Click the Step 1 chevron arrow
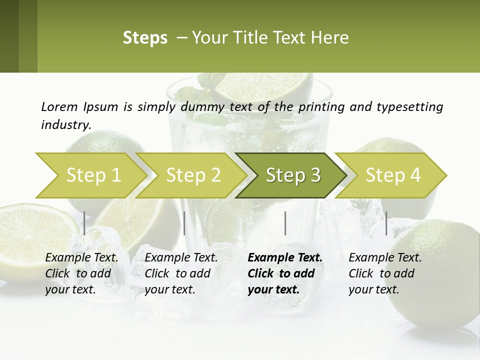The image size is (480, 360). (90, 175)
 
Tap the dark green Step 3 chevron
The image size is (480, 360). (291, 175)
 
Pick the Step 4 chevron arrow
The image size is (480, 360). (391, 175)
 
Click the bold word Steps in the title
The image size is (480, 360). (145, 38)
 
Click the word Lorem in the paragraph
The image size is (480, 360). (59, 106)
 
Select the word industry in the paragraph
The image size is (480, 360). (65, 124)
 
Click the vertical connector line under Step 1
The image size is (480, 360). (84, 223)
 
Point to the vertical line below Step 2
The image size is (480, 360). (184, 223)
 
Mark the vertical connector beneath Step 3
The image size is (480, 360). (285, 223)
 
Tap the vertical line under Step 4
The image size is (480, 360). (386, 223)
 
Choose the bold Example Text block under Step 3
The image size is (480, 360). (284, 273)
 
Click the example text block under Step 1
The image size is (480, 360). (81, 273)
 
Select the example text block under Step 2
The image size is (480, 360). (181, 273)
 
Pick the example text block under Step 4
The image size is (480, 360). (385, 273)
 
